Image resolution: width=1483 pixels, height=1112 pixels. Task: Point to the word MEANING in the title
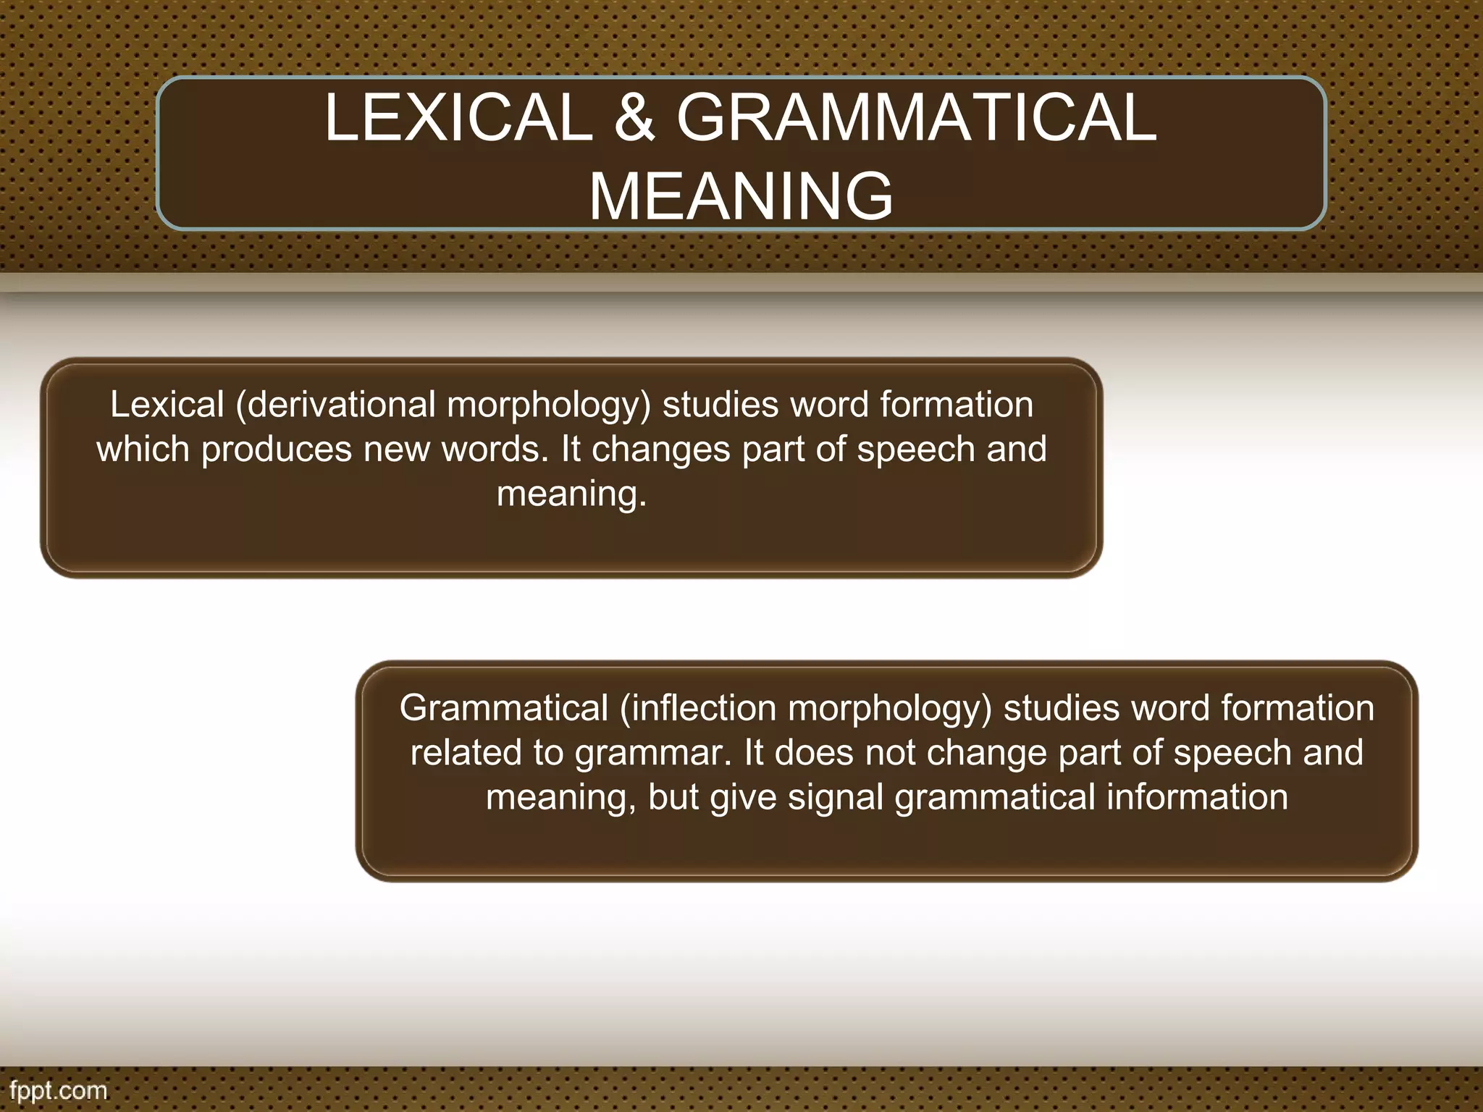click(x=741, y=196)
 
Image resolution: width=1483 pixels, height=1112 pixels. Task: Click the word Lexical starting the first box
click(x=167, y=404)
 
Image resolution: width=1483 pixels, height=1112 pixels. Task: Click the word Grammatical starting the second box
click(x=503, y=708)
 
